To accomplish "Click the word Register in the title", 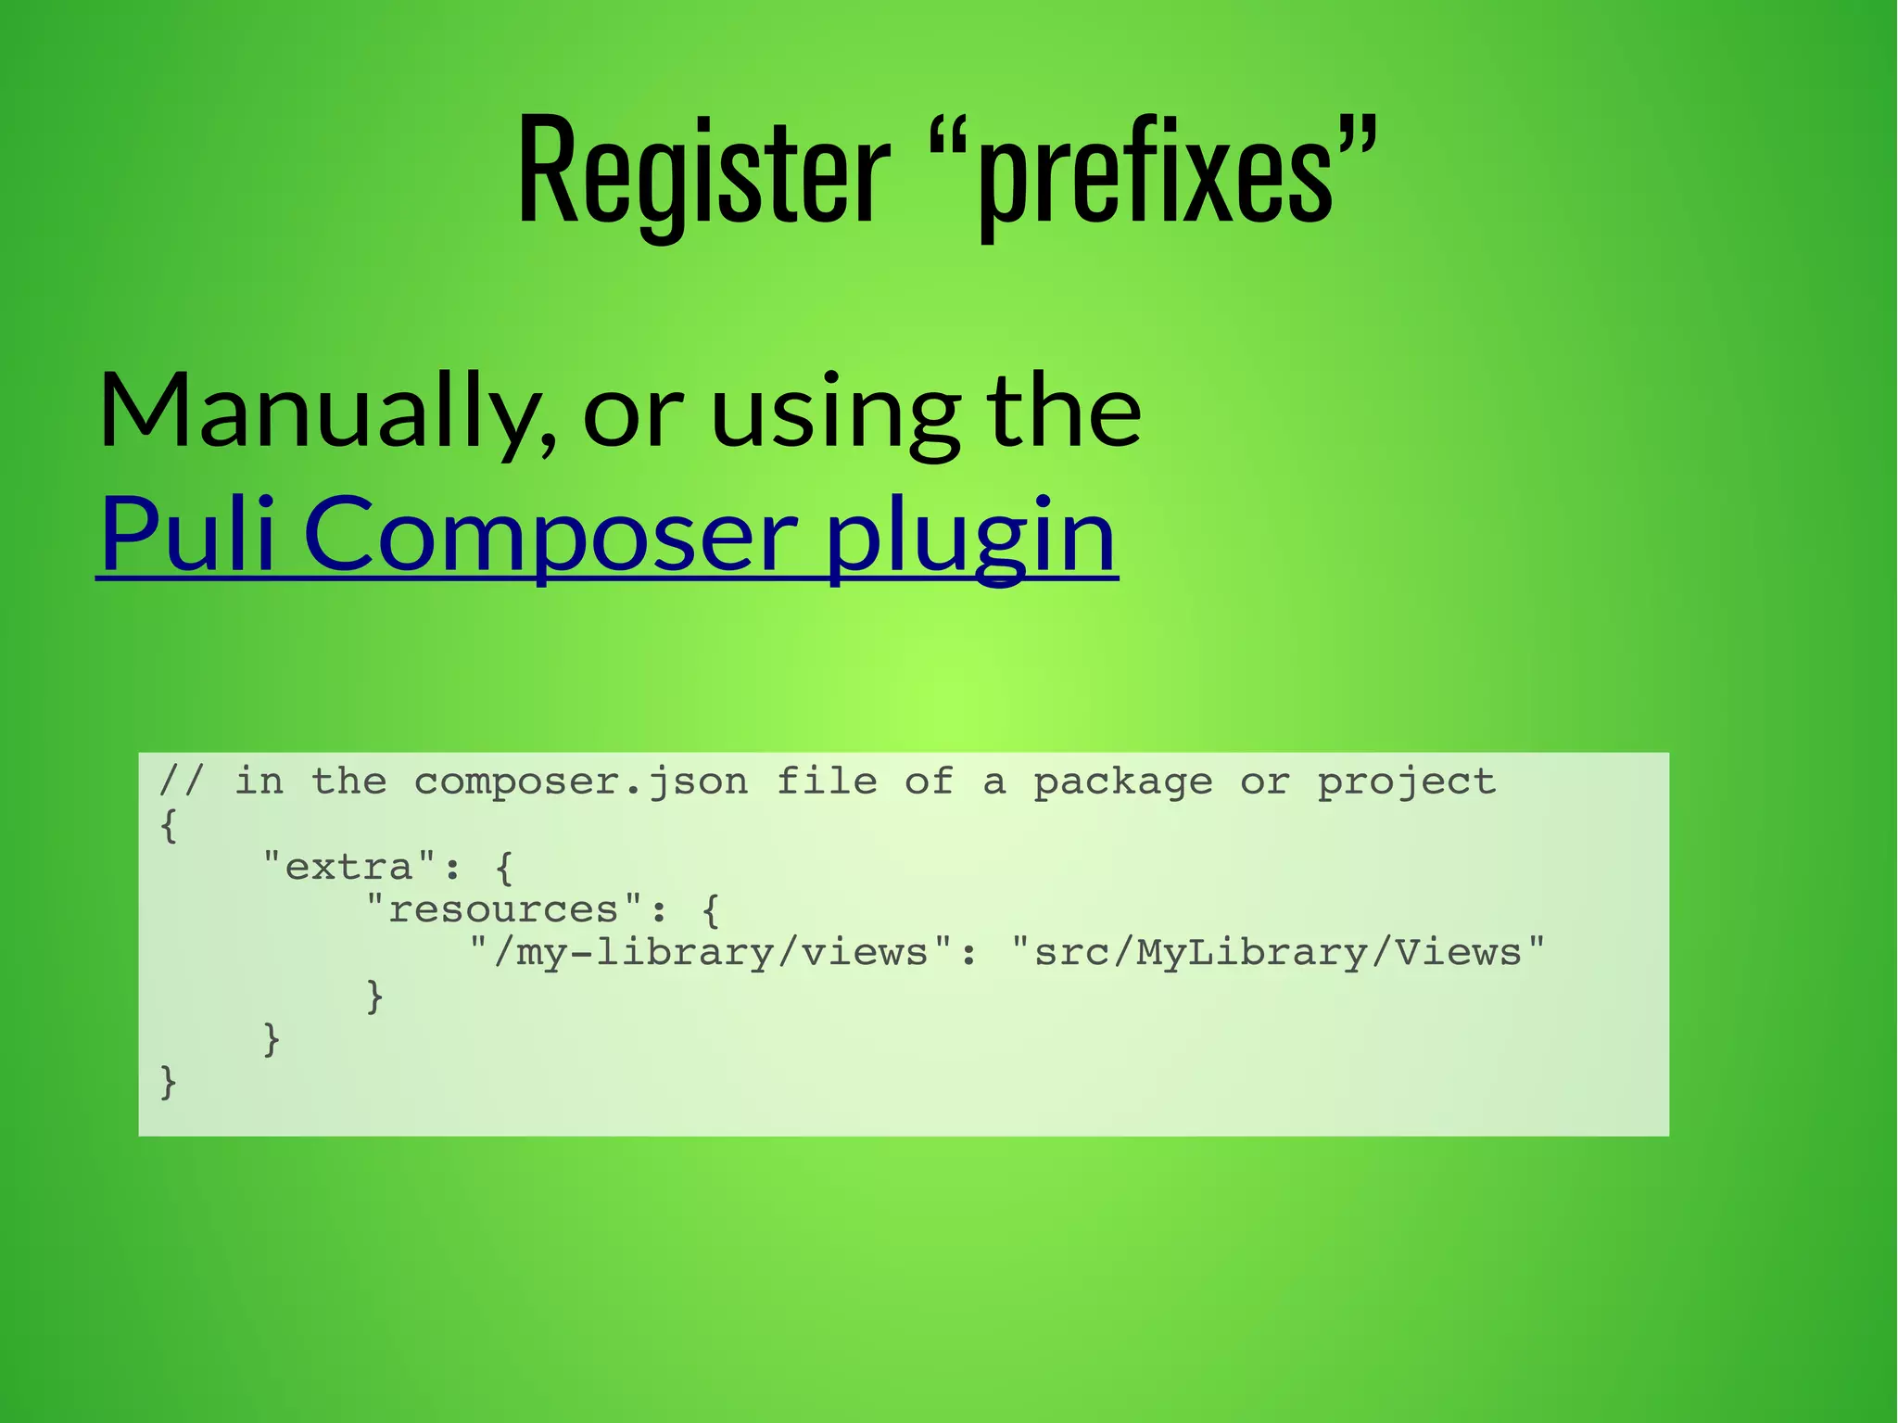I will click(x=703, y=172).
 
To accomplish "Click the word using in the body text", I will click(x=835, y=411).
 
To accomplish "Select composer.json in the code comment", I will click(x=580, y=781).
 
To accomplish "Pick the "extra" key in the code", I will click(x=348, y=867).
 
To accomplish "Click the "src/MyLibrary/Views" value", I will click(x=1278, y=952).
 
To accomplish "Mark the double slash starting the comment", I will click(x=180, y=781).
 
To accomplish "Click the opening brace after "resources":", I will click(x=710, y=910).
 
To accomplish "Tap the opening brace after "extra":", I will click(x=503, y=868).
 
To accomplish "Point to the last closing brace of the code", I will click(x=168, y=1081).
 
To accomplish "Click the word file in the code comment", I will click(x=826, y=781).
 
